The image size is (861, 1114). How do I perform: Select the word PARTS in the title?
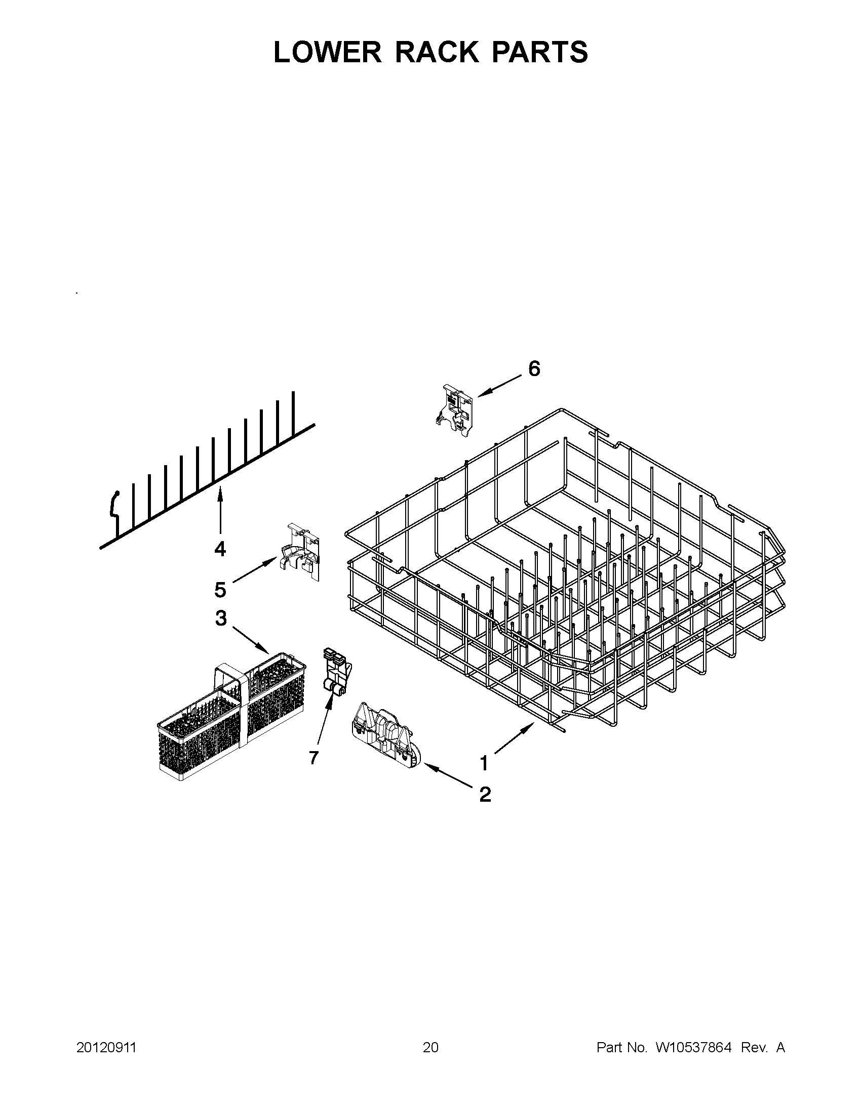click(x=539, y=52)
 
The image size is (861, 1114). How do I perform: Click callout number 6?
click(x=534, y=368)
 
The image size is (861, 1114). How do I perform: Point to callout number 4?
click(x=220, y=549)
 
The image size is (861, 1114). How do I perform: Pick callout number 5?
click(x=220, y=590)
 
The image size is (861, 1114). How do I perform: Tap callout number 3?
click(x=220, y=618)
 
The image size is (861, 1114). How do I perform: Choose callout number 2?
click(x=485, y=794)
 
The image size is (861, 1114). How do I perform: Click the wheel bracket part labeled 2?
click(x=386, y=738)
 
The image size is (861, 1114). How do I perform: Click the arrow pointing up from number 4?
click(x=220, y=513)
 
